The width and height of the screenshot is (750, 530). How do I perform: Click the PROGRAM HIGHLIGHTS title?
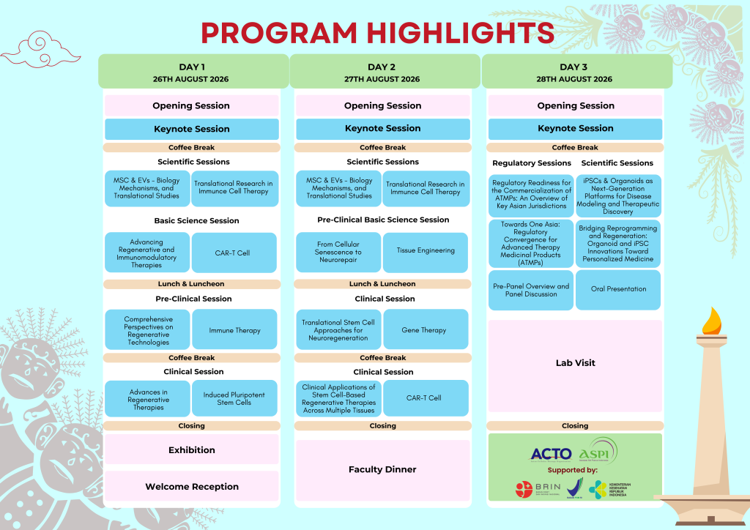[x=377, y=32]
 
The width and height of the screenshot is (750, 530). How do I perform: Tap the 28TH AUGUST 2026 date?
[x=576, y=79]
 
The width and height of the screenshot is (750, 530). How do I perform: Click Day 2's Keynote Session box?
[x=382, y=129]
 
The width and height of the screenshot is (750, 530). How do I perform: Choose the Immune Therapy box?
[x=234, y=330]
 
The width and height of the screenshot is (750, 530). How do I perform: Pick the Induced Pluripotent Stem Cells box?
[x=234, y=398]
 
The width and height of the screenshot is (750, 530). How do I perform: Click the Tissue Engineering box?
[x=426, y=251]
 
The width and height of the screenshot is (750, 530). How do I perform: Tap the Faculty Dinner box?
[x=382, y=470]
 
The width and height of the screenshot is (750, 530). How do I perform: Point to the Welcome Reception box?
[x=192, y=487]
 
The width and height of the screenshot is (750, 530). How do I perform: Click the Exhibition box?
[x=192, y=449]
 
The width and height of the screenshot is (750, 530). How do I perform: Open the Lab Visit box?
[x=575, y=363]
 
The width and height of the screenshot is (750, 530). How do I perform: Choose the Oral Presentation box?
[x=618, y=289]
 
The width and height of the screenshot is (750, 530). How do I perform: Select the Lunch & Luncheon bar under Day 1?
[x=192, y=284]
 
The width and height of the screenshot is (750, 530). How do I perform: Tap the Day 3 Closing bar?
[x=575, y=425]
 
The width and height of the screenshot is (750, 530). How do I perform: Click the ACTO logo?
[x=551, y=454]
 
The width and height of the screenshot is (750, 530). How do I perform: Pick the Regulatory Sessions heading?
[x=532, y=163]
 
